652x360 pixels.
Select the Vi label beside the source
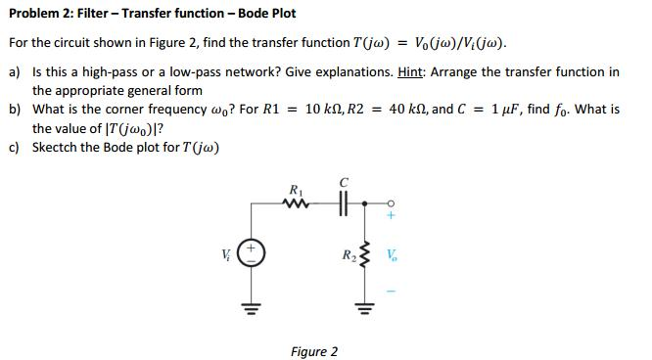point(229,257)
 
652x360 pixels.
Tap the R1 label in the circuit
point(295,189)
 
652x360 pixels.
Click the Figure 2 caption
point(314,351)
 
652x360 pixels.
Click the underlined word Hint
point(412,72)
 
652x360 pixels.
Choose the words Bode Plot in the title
point(264,14)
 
